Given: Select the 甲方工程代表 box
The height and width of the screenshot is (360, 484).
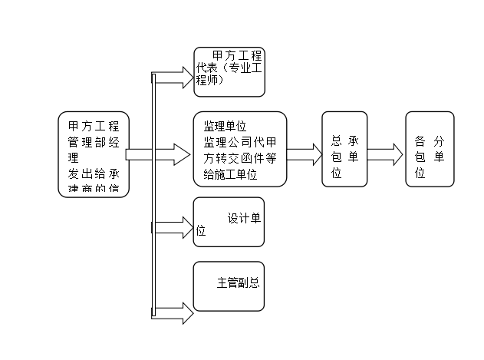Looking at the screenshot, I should coord(229,71).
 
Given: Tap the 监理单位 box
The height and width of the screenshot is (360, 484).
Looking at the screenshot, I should coord(239,149).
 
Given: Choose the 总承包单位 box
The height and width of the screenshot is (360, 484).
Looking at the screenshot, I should coord(344,149).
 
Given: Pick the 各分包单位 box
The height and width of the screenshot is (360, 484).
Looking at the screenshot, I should coord(430,149).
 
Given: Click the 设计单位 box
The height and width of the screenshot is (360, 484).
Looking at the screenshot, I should coord(229,223).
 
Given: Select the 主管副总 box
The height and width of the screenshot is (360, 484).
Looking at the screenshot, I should coord(229,286).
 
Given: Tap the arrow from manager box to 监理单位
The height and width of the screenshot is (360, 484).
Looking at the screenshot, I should coord(157,154).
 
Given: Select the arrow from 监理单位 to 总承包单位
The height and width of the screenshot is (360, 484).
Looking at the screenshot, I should coord(305,154).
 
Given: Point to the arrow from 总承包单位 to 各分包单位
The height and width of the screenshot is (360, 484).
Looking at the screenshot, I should coord(386,153).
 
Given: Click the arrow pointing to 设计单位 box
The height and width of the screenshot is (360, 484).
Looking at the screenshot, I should coord(173,226).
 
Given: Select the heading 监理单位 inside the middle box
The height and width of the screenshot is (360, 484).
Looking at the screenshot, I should coord(224,125).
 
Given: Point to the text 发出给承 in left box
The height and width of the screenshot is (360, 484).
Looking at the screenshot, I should coord(94,173).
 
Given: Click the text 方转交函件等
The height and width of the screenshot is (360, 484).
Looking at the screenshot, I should coord(239,159).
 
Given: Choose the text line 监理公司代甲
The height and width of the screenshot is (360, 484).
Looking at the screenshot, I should coord(239,142).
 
